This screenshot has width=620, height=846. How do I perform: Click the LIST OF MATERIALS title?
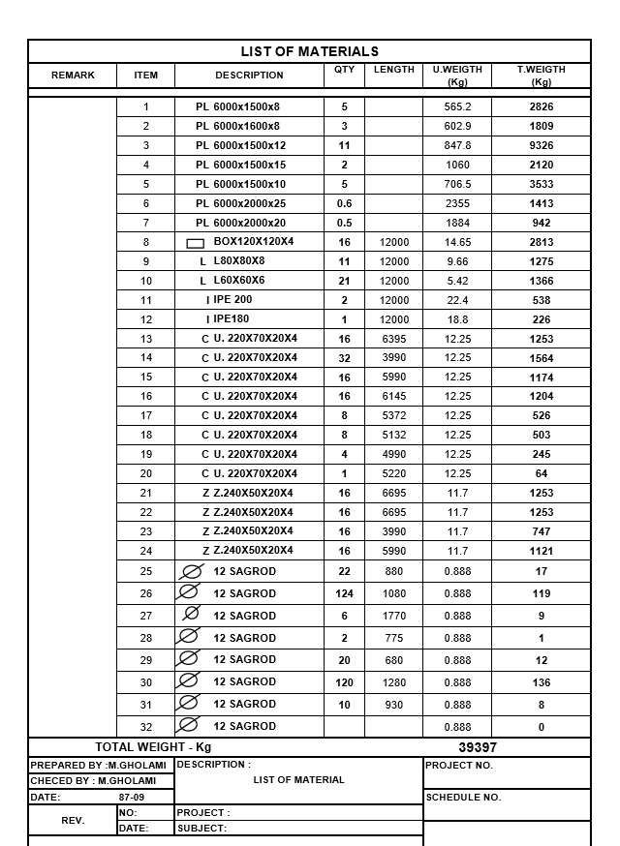coord(309,51)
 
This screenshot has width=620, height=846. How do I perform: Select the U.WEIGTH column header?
coord(457,76)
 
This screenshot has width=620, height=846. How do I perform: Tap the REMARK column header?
coord(73,76)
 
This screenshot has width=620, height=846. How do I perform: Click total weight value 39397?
coord(477,747)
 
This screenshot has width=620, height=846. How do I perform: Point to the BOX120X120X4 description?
coord(253,242)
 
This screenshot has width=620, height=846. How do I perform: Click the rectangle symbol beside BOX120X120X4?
coord(195,243)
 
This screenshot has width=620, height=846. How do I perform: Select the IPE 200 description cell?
coord(232,300)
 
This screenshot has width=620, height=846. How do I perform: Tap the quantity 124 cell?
coord(344,593)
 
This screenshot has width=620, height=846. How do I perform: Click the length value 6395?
coord(393,339)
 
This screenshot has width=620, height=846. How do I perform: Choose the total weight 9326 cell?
coord(542,145)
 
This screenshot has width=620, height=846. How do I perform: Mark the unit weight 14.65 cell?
coord(457,242)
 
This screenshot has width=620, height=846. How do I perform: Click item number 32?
coord(146,727)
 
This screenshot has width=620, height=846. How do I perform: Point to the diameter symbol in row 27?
coord(191,615)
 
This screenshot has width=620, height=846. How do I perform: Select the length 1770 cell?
coord(393,616)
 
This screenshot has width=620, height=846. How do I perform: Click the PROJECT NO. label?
coord(458,765)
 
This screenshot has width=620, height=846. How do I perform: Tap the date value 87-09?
coord(132,798)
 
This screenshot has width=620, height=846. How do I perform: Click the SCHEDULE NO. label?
coord(462,798)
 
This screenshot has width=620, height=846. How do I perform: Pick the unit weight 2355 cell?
coord(457,203)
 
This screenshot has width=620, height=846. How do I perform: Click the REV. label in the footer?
coord(73,820)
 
